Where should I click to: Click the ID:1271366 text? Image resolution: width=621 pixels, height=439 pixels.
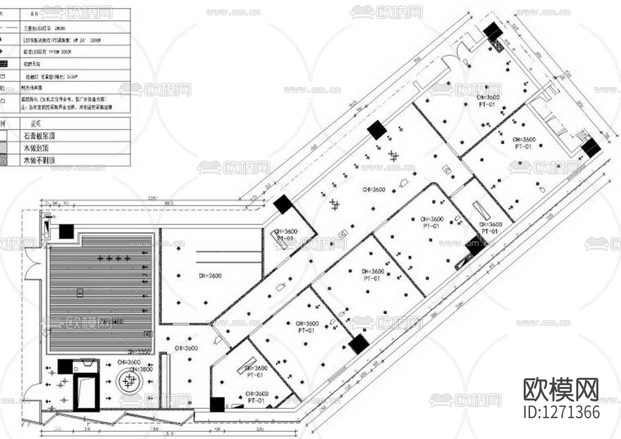561,412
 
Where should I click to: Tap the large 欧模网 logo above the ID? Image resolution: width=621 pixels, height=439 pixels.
561,390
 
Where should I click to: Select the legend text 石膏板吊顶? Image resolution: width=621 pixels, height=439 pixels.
39,136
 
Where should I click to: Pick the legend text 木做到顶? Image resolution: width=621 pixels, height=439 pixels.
36,148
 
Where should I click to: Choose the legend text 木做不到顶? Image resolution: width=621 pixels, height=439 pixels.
39,160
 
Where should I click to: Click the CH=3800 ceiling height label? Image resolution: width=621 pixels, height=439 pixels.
141,369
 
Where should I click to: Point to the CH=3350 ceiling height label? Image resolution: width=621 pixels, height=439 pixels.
139,352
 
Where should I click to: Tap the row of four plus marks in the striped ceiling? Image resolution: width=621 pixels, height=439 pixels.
114,258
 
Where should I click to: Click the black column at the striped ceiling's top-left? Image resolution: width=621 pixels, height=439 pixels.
66,232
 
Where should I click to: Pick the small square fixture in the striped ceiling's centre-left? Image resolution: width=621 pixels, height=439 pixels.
80,292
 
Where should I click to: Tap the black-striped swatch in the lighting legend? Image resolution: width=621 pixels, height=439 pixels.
4,64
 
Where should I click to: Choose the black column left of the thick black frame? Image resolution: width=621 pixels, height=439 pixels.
65,366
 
